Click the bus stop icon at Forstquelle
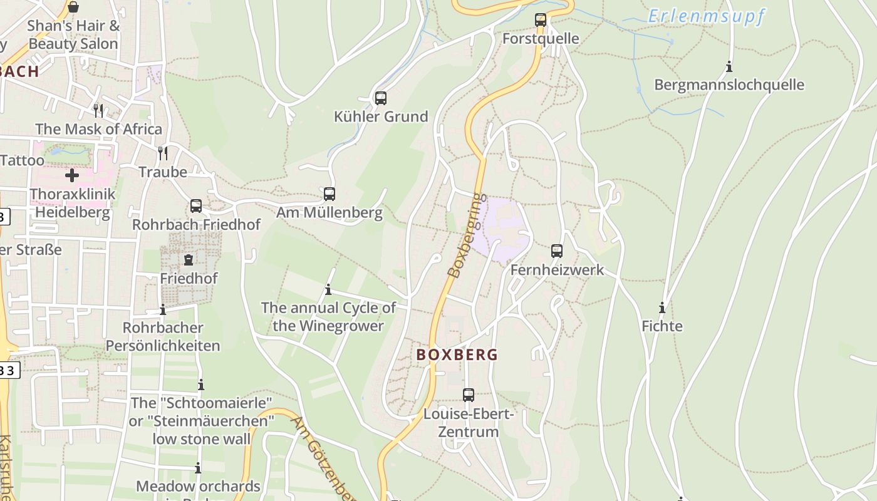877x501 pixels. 541,19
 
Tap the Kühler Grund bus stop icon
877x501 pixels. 380,98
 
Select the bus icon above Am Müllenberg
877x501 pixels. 330,194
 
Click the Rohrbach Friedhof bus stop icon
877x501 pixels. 196,205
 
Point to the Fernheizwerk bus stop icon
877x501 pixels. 557,251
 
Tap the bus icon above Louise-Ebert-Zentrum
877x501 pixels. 469,395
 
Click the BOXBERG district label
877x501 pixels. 457,354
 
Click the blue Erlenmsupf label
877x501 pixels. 706,16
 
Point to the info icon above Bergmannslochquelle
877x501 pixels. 729,66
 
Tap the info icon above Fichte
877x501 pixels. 662,307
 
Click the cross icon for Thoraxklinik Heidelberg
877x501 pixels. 72,175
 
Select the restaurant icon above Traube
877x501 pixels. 163,153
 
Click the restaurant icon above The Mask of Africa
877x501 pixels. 98,110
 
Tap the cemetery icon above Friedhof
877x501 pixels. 189,259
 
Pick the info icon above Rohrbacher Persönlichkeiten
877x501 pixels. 163,309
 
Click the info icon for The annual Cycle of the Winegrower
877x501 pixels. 328,289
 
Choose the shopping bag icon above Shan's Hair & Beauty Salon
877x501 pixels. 73,7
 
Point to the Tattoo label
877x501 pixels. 23,160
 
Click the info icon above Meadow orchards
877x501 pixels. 198,468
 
